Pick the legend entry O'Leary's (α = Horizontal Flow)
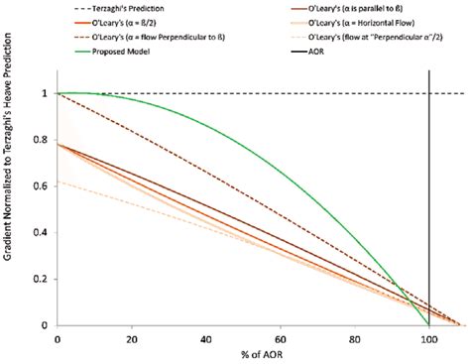(380, 21)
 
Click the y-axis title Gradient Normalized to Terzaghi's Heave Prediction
(11, 198)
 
